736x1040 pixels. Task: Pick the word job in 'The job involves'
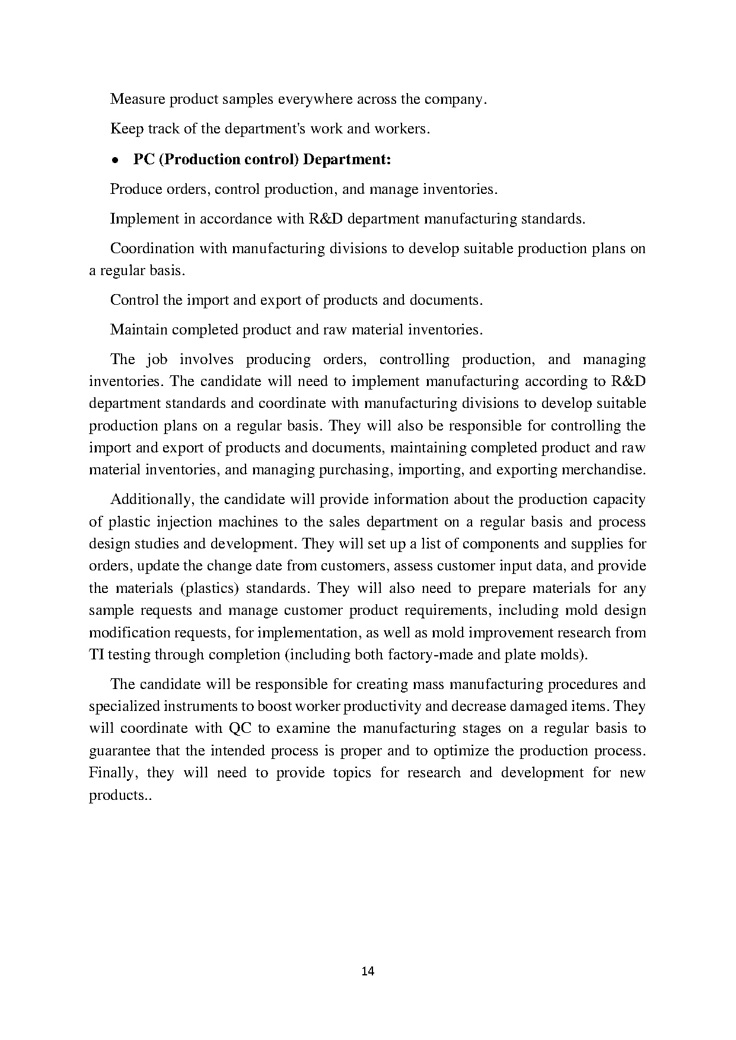tap(157, 359)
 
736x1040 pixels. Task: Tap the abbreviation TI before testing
tap(96, 655)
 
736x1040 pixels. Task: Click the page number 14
tap(368, 971)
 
